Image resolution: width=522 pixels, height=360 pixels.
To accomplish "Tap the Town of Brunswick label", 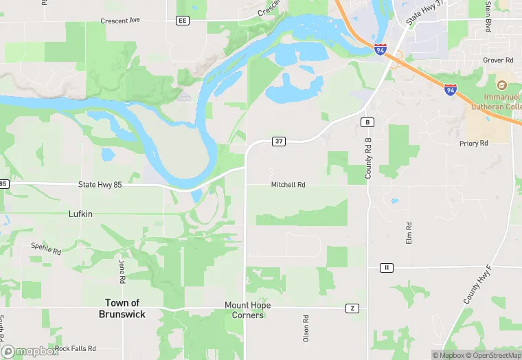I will pyautogui.click(x=123, y=308).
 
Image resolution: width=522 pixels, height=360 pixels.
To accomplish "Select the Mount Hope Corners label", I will pyautogui.click(x=248, y=310).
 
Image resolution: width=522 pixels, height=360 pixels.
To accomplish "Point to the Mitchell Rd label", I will pyautogui.click(x=288, y=185).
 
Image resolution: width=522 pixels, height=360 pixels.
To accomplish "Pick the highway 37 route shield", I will pyautogui.click(x=279, y=142).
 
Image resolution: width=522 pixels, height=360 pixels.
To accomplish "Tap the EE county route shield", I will pyautogui.click(x=182, y=21).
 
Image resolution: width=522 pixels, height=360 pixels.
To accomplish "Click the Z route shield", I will pyautogui.click(x=352, y=308).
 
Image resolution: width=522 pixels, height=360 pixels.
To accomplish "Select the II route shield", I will pyautogui.click(x=387, y=267).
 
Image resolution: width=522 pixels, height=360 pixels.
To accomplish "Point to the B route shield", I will pyautogui.click(x=368, y=122).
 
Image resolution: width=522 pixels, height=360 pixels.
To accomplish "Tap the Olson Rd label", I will pyautogui.click(x=306, y=328).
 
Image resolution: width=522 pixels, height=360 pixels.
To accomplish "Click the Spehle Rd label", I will pyautogui.click(x=46, y=249).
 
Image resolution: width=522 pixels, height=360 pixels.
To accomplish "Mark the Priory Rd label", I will pyautogui.click(x=474, y=144).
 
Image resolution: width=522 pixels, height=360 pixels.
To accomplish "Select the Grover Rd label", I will pyautogui.click(x=499, y=60).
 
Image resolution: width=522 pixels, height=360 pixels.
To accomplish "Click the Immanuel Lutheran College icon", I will pyautogui.click(x=501, y=85).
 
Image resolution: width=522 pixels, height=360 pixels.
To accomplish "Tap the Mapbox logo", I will pyautogui.click(x=30, y=351).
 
